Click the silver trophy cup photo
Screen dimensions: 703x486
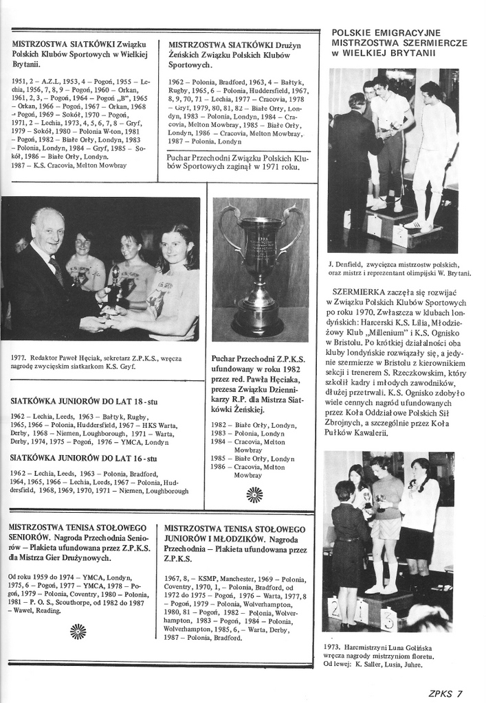point(261,270)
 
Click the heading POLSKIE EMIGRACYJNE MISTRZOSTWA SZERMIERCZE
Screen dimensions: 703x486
point(399,43)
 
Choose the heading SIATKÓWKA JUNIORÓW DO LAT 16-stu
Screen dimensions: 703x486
point(84,458)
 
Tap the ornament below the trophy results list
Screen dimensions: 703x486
point(254,494)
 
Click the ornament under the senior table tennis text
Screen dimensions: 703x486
point(78,630)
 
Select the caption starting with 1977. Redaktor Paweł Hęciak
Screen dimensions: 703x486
point(96,362)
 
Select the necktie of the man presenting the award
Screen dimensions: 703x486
point(57,271)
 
